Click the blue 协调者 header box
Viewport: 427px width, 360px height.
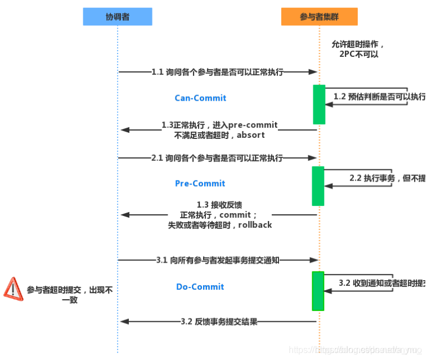click(118, 17)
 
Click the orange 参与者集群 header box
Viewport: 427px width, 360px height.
click(319, 17)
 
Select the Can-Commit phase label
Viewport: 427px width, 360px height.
click(200, 98)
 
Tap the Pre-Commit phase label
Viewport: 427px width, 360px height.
click(200, 183)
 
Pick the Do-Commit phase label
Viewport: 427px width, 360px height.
click(200, 287)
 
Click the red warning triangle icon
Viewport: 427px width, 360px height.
click(12, 289)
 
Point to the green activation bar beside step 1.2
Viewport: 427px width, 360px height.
click(319, 104)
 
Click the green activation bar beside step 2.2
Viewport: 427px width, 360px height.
click(318, 186)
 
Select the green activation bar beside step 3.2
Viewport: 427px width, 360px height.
click(318, 291)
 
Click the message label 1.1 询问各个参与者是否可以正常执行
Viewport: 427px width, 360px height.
click(217, 72)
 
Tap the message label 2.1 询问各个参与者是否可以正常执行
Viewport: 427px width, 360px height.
click(217, 159)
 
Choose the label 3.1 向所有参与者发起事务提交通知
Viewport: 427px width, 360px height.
click(218, 260)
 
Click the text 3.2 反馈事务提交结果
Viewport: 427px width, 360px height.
click(219, 322)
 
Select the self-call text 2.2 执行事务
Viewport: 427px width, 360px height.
click(371, 178)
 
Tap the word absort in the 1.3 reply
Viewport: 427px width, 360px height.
click(251, 135)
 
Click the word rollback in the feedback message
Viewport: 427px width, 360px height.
click(255, 225)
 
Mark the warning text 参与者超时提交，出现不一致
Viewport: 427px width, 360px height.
click(70, 295)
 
